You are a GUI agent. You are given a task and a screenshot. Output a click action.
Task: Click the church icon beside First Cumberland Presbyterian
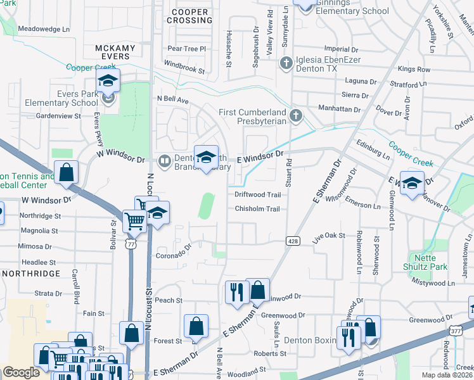(295, 116)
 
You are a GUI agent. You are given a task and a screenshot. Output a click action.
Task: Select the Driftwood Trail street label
(257, 194)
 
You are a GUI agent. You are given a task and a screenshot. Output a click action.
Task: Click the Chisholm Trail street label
(257, 209)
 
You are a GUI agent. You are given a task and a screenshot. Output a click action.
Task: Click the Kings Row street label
(414, 69)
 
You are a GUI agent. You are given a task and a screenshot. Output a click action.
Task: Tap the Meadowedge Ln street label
(44, 29)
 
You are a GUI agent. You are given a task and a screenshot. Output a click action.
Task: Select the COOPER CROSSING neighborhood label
(190, 16)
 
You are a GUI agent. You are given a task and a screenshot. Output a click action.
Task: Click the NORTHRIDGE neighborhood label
(30, 274)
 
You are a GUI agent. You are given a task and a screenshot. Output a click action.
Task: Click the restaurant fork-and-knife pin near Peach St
(234, 293)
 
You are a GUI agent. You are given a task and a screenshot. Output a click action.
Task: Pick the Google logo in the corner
(21, 373)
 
